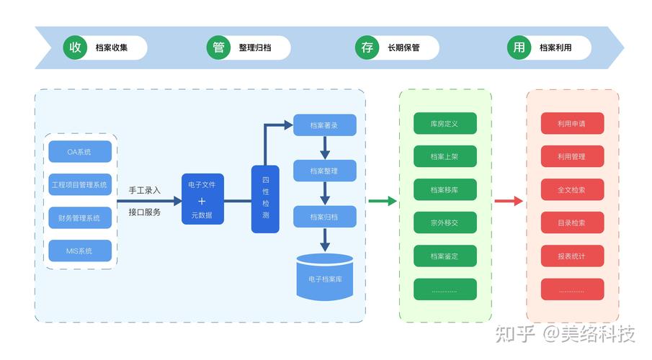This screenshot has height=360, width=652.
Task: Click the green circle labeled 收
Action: tap(75, 48)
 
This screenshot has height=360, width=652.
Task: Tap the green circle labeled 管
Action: tap(218, 48)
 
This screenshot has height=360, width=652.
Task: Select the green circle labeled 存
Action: tap(367, 48)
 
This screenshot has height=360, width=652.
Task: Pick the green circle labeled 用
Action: tap(519, 48)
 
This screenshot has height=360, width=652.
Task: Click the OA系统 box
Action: tap(80, 152)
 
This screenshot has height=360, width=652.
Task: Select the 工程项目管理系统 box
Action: tap(80, 185)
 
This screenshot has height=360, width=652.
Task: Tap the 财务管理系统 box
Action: tap(80, 218)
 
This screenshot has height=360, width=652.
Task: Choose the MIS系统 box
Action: tap(80, 251)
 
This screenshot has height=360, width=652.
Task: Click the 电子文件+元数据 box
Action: tap(202, 199)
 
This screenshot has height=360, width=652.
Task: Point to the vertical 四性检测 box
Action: tap(265, 199)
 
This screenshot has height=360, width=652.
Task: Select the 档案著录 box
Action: tap(324, 125)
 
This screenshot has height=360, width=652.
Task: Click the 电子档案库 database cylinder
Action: tap(325, 276)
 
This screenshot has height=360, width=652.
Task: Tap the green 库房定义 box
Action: tap(445, 124)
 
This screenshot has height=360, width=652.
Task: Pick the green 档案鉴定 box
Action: tap(445, 256)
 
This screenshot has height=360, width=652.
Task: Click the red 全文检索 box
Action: tap(572, 190)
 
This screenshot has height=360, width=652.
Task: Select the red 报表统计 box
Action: tap(572, 256)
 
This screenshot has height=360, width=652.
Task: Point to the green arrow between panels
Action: tap(382, 201)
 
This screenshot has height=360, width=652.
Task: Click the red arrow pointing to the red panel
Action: tap(509, 201)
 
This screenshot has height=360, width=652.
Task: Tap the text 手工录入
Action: tap(145, 190)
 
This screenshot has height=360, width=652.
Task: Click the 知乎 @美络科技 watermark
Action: tap(566, 333)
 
